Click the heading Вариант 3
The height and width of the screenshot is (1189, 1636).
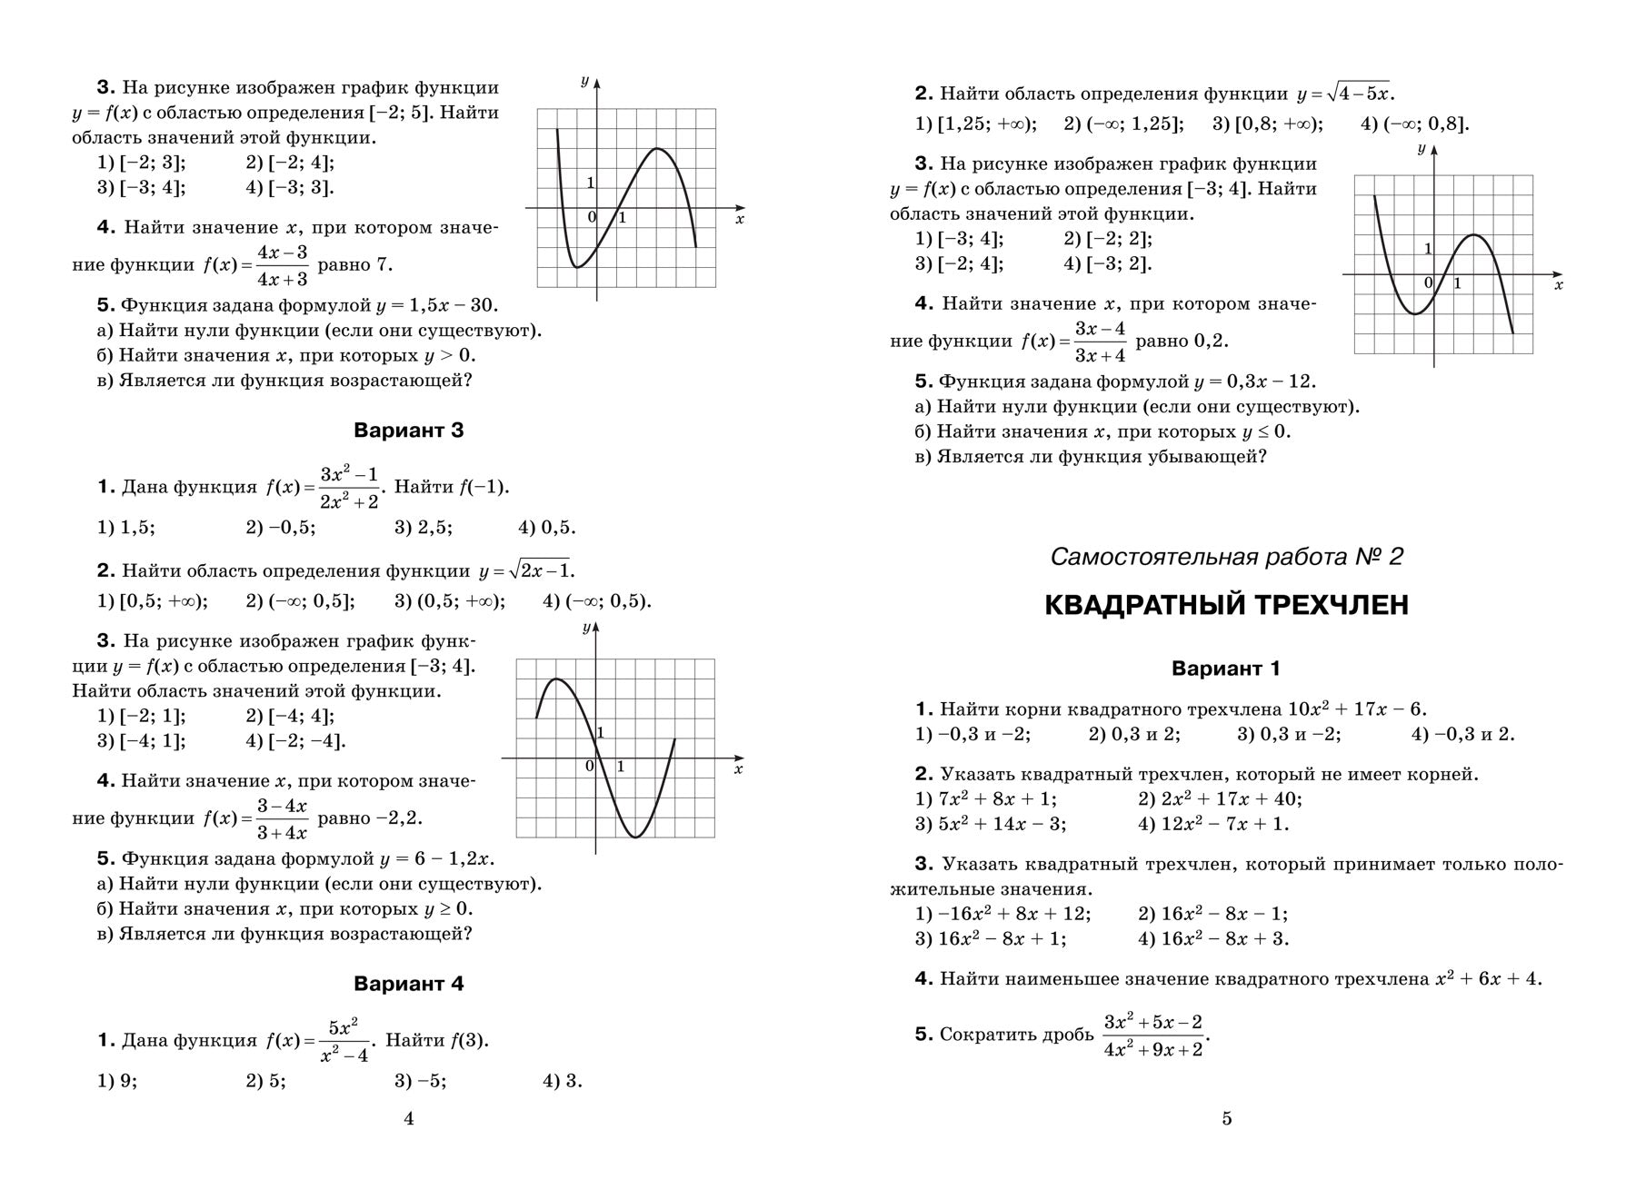(408, 431)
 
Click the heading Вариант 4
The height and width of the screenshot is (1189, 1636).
(408, 984)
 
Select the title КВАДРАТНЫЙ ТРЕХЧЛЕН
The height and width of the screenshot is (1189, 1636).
(1226, 605)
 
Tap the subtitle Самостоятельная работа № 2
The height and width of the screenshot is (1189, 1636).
(1226, 557)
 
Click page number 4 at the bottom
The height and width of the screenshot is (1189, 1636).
(408, 1119)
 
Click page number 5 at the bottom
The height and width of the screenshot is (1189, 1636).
(1226, 1119)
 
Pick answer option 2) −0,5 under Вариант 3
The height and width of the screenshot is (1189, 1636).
(281, 528)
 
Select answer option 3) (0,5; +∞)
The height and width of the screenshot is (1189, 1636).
(450, 601)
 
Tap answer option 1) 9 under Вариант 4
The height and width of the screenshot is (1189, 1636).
(117, 1081)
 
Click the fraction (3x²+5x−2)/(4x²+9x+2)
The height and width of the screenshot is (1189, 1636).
(1153, 1035)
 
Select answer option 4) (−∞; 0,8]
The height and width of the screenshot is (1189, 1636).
(1414, 124)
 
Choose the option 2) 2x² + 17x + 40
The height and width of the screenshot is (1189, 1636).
(1220, 799)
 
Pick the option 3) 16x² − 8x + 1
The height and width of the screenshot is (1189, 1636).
(991, 939)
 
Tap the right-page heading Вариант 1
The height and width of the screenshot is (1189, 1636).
(1226, 669)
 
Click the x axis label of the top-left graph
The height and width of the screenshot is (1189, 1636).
(739, 220)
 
